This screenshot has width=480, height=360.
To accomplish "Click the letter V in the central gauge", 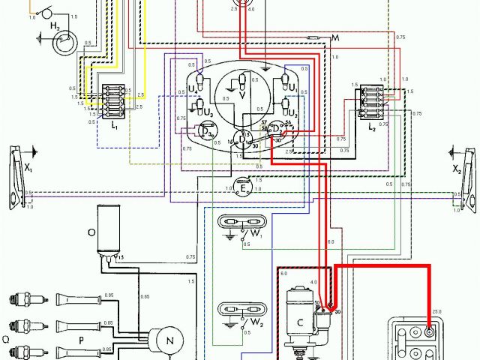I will point(241,96).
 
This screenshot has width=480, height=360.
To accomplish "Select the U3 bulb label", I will point(208,113).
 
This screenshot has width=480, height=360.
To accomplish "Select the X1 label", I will point(28,169).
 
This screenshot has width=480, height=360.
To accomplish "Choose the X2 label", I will point(457,169).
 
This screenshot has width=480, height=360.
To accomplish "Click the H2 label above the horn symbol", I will point(55,27).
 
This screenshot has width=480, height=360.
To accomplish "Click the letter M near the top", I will point(334,38).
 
